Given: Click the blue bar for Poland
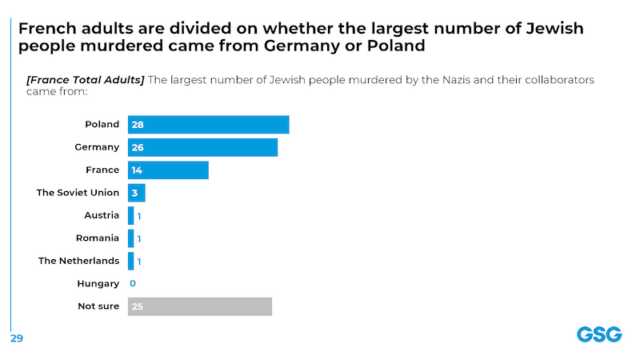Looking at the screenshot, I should (x=208, y=125).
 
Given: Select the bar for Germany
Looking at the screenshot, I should (x=202, y=148).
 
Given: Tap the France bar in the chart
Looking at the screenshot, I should (x=168, y=170).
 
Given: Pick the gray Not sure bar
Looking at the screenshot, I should (x=200, y=306).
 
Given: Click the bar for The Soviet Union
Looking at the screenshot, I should (x=137, y=193).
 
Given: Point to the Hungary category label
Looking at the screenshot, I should (x=98, y=284).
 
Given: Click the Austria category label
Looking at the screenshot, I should (x=102, y=215).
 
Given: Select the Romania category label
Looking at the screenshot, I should (x=98, y=238).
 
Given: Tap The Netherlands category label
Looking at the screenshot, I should (x=79, y=261).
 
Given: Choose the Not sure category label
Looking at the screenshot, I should (x=98, y=306).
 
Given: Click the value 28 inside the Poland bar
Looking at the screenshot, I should (x=137, y=125).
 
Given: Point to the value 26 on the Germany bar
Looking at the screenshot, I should (x=137, y=148).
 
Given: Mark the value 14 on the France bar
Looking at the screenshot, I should (x=137, y=170).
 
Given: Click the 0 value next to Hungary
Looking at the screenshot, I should (x=132, y=284).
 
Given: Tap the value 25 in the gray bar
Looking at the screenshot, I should (x=137, y=306).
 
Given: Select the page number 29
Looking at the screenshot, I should (x=16, y=338).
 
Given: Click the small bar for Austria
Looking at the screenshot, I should (x=131, y=215).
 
